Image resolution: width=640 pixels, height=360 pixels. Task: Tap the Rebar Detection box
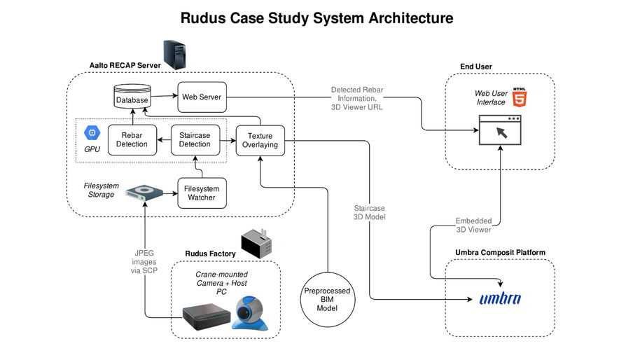132,139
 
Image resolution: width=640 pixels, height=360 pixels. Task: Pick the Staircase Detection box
195,139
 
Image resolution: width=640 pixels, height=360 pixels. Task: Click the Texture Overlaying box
260,139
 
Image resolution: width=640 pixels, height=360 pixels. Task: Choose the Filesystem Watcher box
201,193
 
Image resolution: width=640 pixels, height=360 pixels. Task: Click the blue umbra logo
500,298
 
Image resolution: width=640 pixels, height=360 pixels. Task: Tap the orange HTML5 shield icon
520,97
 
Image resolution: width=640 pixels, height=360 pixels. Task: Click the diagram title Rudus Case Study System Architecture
316,18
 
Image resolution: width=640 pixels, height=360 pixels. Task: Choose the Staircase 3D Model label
369,213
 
